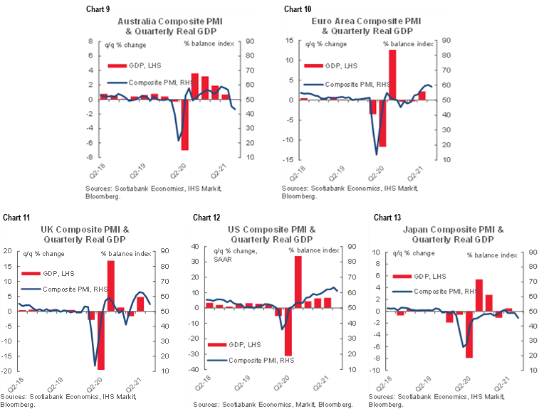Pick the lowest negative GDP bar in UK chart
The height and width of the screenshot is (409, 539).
[x=101, y=340]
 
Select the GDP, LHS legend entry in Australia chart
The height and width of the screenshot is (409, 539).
[x=132, y=66]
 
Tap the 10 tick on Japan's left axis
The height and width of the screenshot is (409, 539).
[x=377, y=252]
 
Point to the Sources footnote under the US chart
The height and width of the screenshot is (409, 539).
[x=272, y=405]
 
